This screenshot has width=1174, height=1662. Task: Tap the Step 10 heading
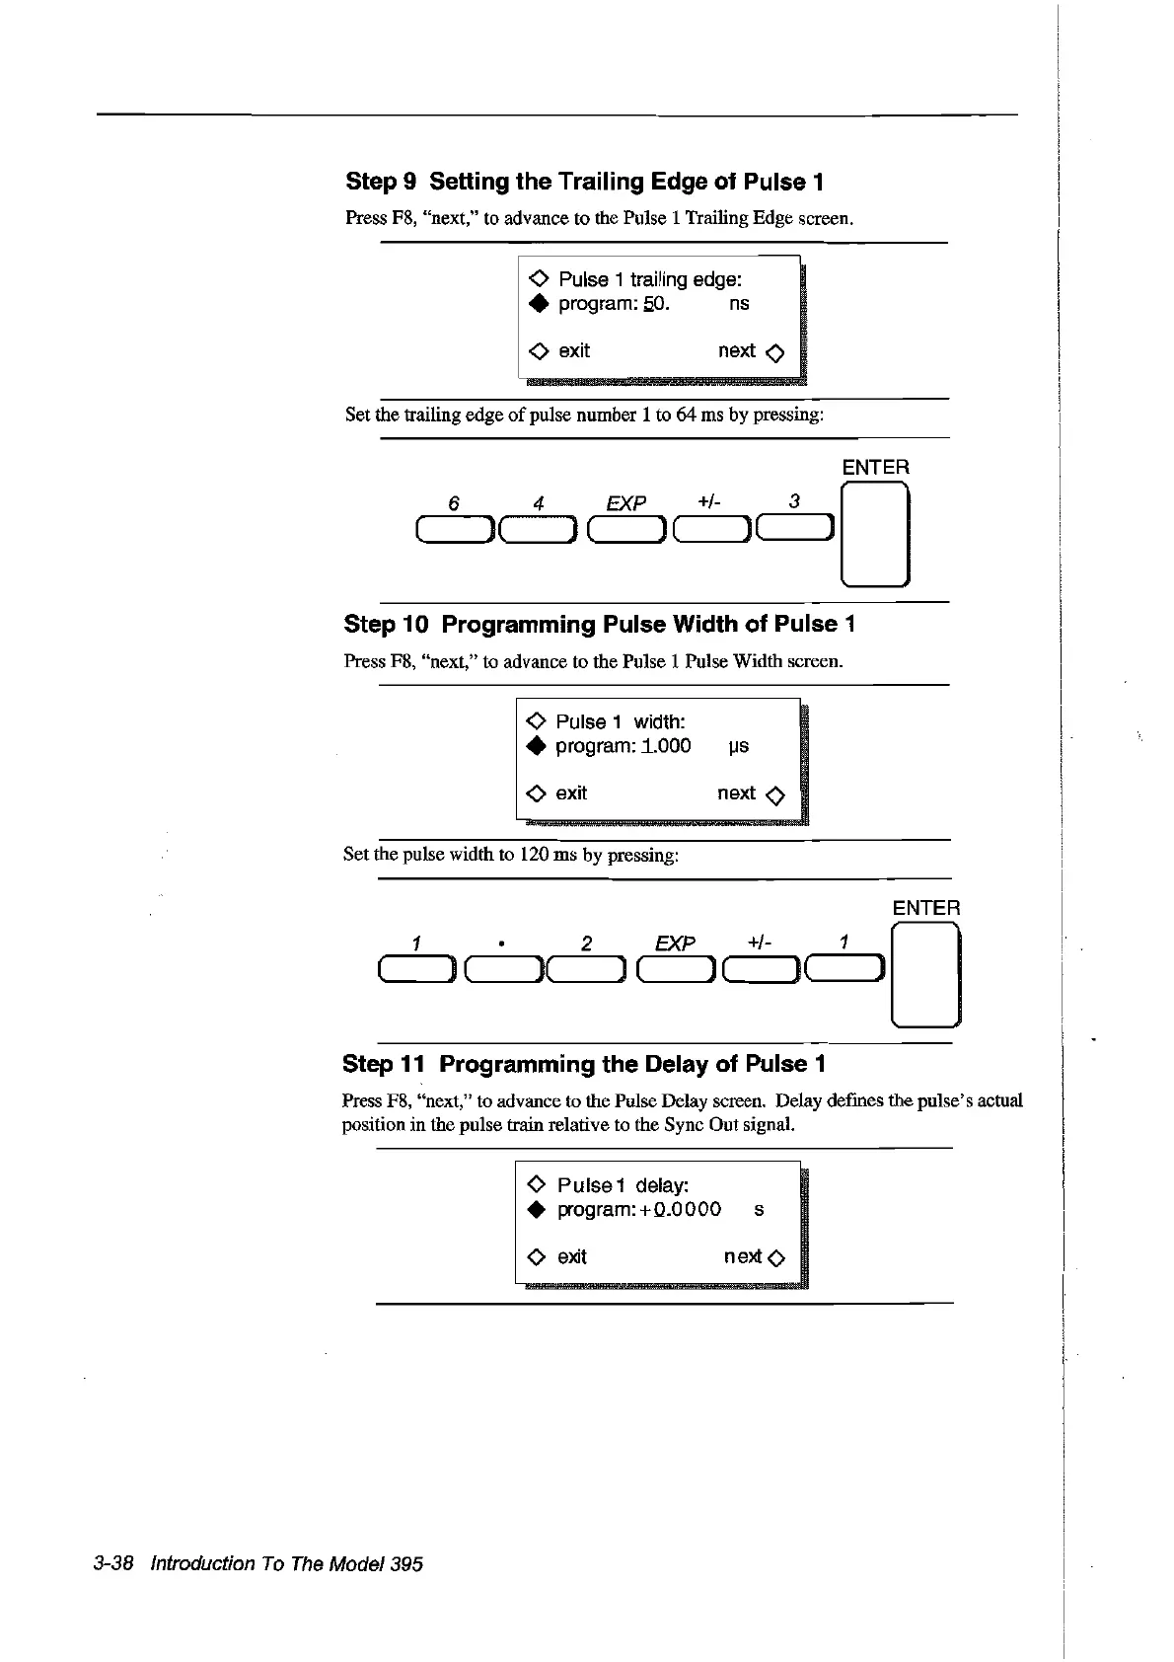599,624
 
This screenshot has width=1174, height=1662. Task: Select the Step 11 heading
583,1064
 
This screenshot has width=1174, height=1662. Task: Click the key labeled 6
454,530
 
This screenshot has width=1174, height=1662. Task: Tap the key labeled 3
795,530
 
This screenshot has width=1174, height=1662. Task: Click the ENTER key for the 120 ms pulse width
925,975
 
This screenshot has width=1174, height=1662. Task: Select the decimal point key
502,971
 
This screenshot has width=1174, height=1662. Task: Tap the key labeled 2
587,971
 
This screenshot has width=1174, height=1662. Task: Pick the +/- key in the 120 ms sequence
760,971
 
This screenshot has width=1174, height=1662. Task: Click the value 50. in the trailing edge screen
656,304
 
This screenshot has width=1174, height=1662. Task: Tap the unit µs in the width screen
738,747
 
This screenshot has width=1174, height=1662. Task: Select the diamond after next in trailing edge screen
774,353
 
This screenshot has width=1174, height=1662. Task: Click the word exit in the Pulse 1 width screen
571,793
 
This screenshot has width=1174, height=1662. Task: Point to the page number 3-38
113,1563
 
